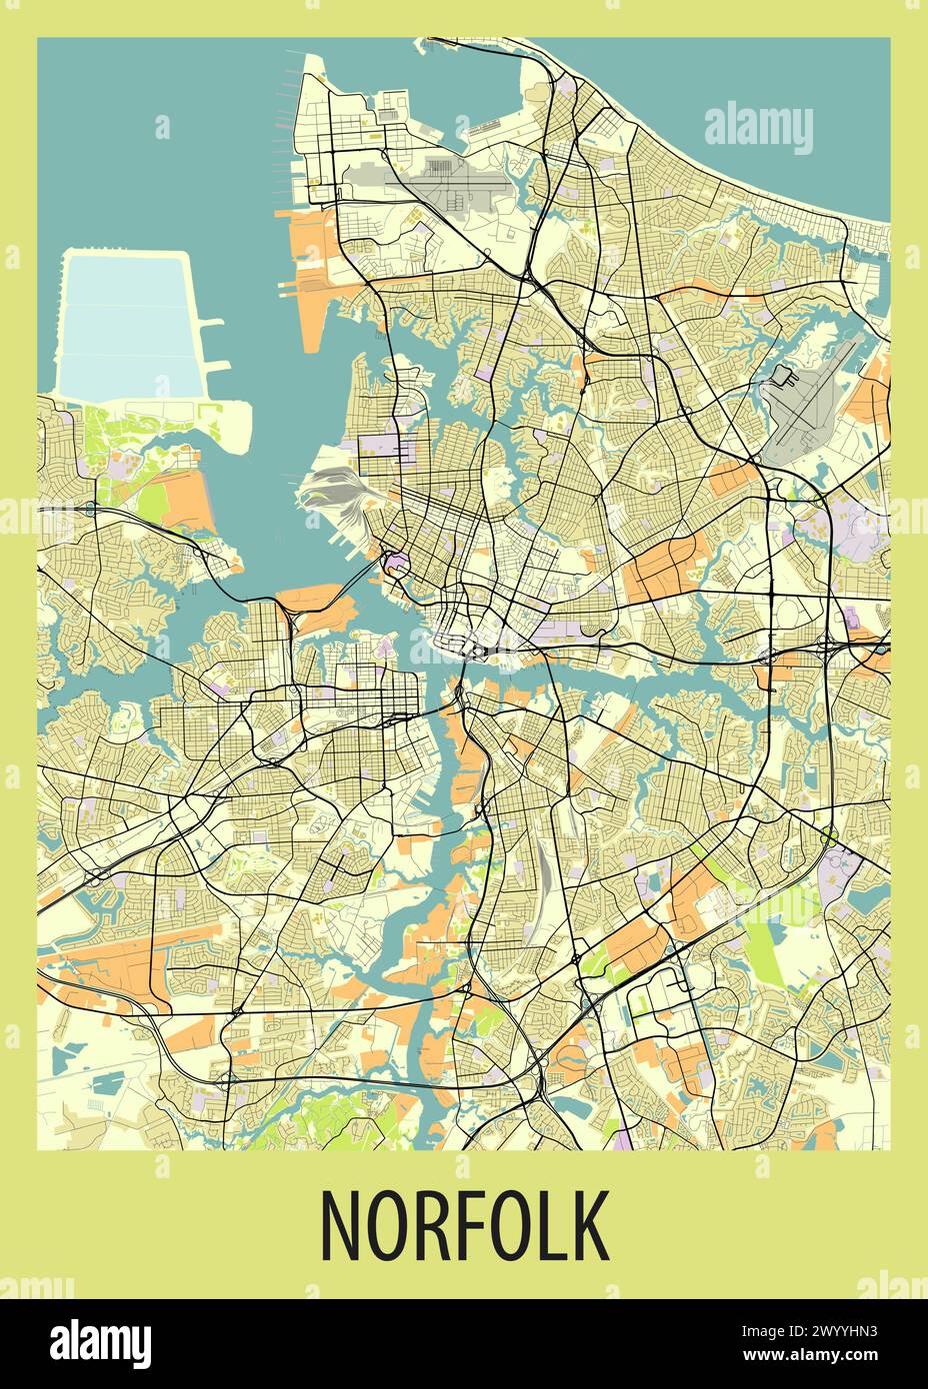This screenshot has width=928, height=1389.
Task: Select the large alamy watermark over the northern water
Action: pyautogui.click(x=759, y=128)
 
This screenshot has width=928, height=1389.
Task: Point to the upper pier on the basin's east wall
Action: pyautogui.click(x=211, y=324)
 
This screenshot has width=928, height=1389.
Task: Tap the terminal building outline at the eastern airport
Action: pyautogui.click(x=781, y=377)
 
